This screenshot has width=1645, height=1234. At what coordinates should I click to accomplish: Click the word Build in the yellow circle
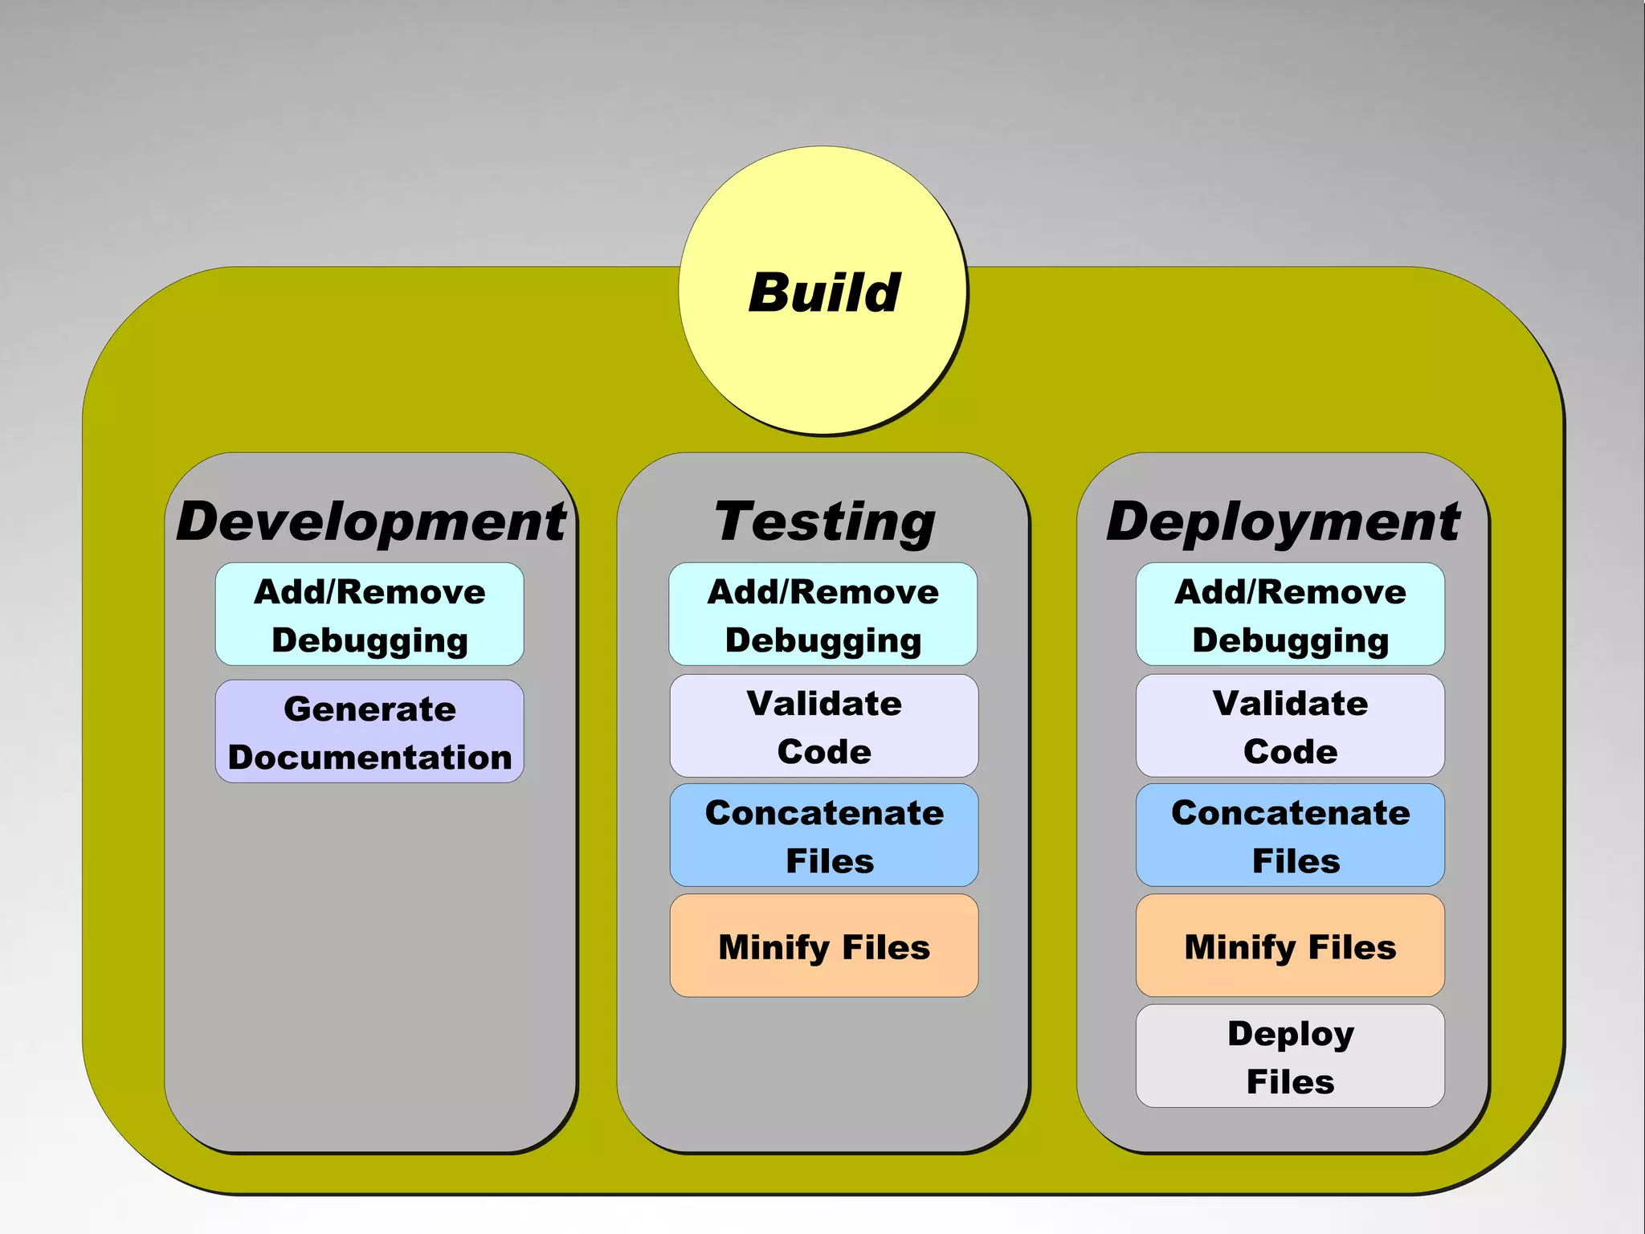pos(824,292)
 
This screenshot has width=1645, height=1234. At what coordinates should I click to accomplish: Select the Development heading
pos(370,521)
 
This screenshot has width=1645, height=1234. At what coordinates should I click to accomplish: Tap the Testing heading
pos(824,521)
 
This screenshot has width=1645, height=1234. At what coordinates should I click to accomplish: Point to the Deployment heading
pos(1283,521)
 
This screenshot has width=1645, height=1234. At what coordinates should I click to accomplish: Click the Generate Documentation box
pos(369,732)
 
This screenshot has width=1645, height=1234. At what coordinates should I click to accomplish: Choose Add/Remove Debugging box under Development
pos(369,615)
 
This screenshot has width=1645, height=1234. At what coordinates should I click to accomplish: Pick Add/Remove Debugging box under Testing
pos(823,615)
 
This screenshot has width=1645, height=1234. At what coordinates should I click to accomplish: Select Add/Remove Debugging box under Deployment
pos(1290,615)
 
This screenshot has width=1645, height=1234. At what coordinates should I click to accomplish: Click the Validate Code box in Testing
pos(824,726)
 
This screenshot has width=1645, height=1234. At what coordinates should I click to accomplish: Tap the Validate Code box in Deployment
pos(1290,726)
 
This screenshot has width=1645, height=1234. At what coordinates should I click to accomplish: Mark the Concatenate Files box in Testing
pos(824,836)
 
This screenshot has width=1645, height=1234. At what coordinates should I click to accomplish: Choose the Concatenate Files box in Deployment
pos(1290,836)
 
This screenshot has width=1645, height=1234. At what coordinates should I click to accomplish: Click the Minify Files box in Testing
pos(824,946)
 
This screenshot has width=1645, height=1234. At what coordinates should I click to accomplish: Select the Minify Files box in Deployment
pos(1290,946)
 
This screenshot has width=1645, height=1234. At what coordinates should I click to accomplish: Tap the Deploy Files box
pos(1290,1056)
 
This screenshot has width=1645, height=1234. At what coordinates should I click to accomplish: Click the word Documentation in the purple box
pos(369,758)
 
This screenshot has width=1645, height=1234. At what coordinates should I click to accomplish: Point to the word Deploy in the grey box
pos(1290,1034)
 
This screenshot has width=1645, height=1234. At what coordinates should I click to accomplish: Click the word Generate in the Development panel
pos(369,709)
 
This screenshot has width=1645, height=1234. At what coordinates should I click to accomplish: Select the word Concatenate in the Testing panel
pos(824,813)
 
